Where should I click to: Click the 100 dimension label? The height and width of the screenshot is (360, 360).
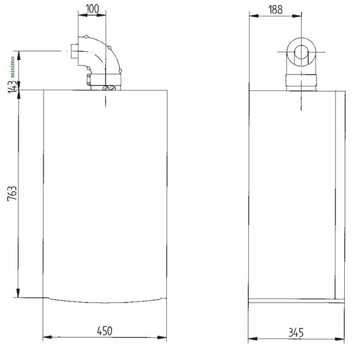(x=92, y=9)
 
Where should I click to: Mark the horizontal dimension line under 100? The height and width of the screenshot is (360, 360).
(x=92, y=18)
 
